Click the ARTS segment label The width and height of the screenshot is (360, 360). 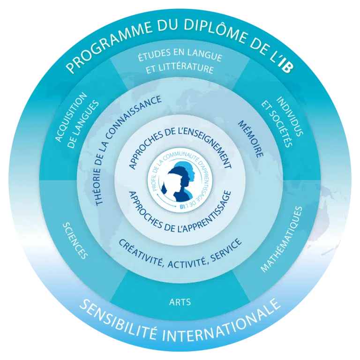(180, 302)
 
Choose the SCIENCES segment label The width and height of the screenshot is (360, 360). (75, 240)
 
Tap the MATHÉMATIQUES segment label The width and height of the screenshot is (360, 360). (281, 239)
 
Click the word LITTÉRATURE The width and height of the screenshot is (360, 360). (190, 68)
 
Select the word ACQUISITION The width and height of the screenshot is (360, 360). (71, 117)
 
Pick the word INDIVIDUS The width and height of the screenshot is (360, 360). (290, 116)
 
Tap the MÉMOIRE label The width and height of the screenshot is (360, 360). (250, 139)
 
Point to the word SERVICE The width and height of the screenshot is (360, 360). (226, 250)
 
